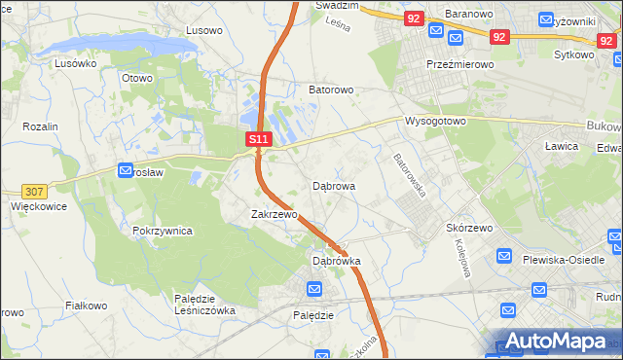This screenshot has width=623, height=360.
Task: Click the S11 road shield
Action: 257,140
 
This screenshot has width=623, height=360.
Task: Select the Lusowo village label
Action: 204,30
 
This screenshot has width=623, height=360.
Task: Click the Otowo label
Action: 136,78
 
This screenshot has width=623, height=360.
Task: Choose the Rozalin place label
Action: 41,127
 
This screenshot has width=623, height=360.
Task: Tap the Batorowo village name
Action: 331,90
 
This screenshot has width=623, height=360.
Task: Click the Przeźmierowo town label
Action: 460,63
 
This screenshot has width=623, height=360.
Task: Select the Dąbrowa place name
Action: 333,185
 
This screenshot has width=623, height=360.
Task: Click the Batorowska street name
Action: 410,175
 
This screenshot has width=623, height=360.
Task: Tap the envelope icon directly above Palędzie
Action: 313,290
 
